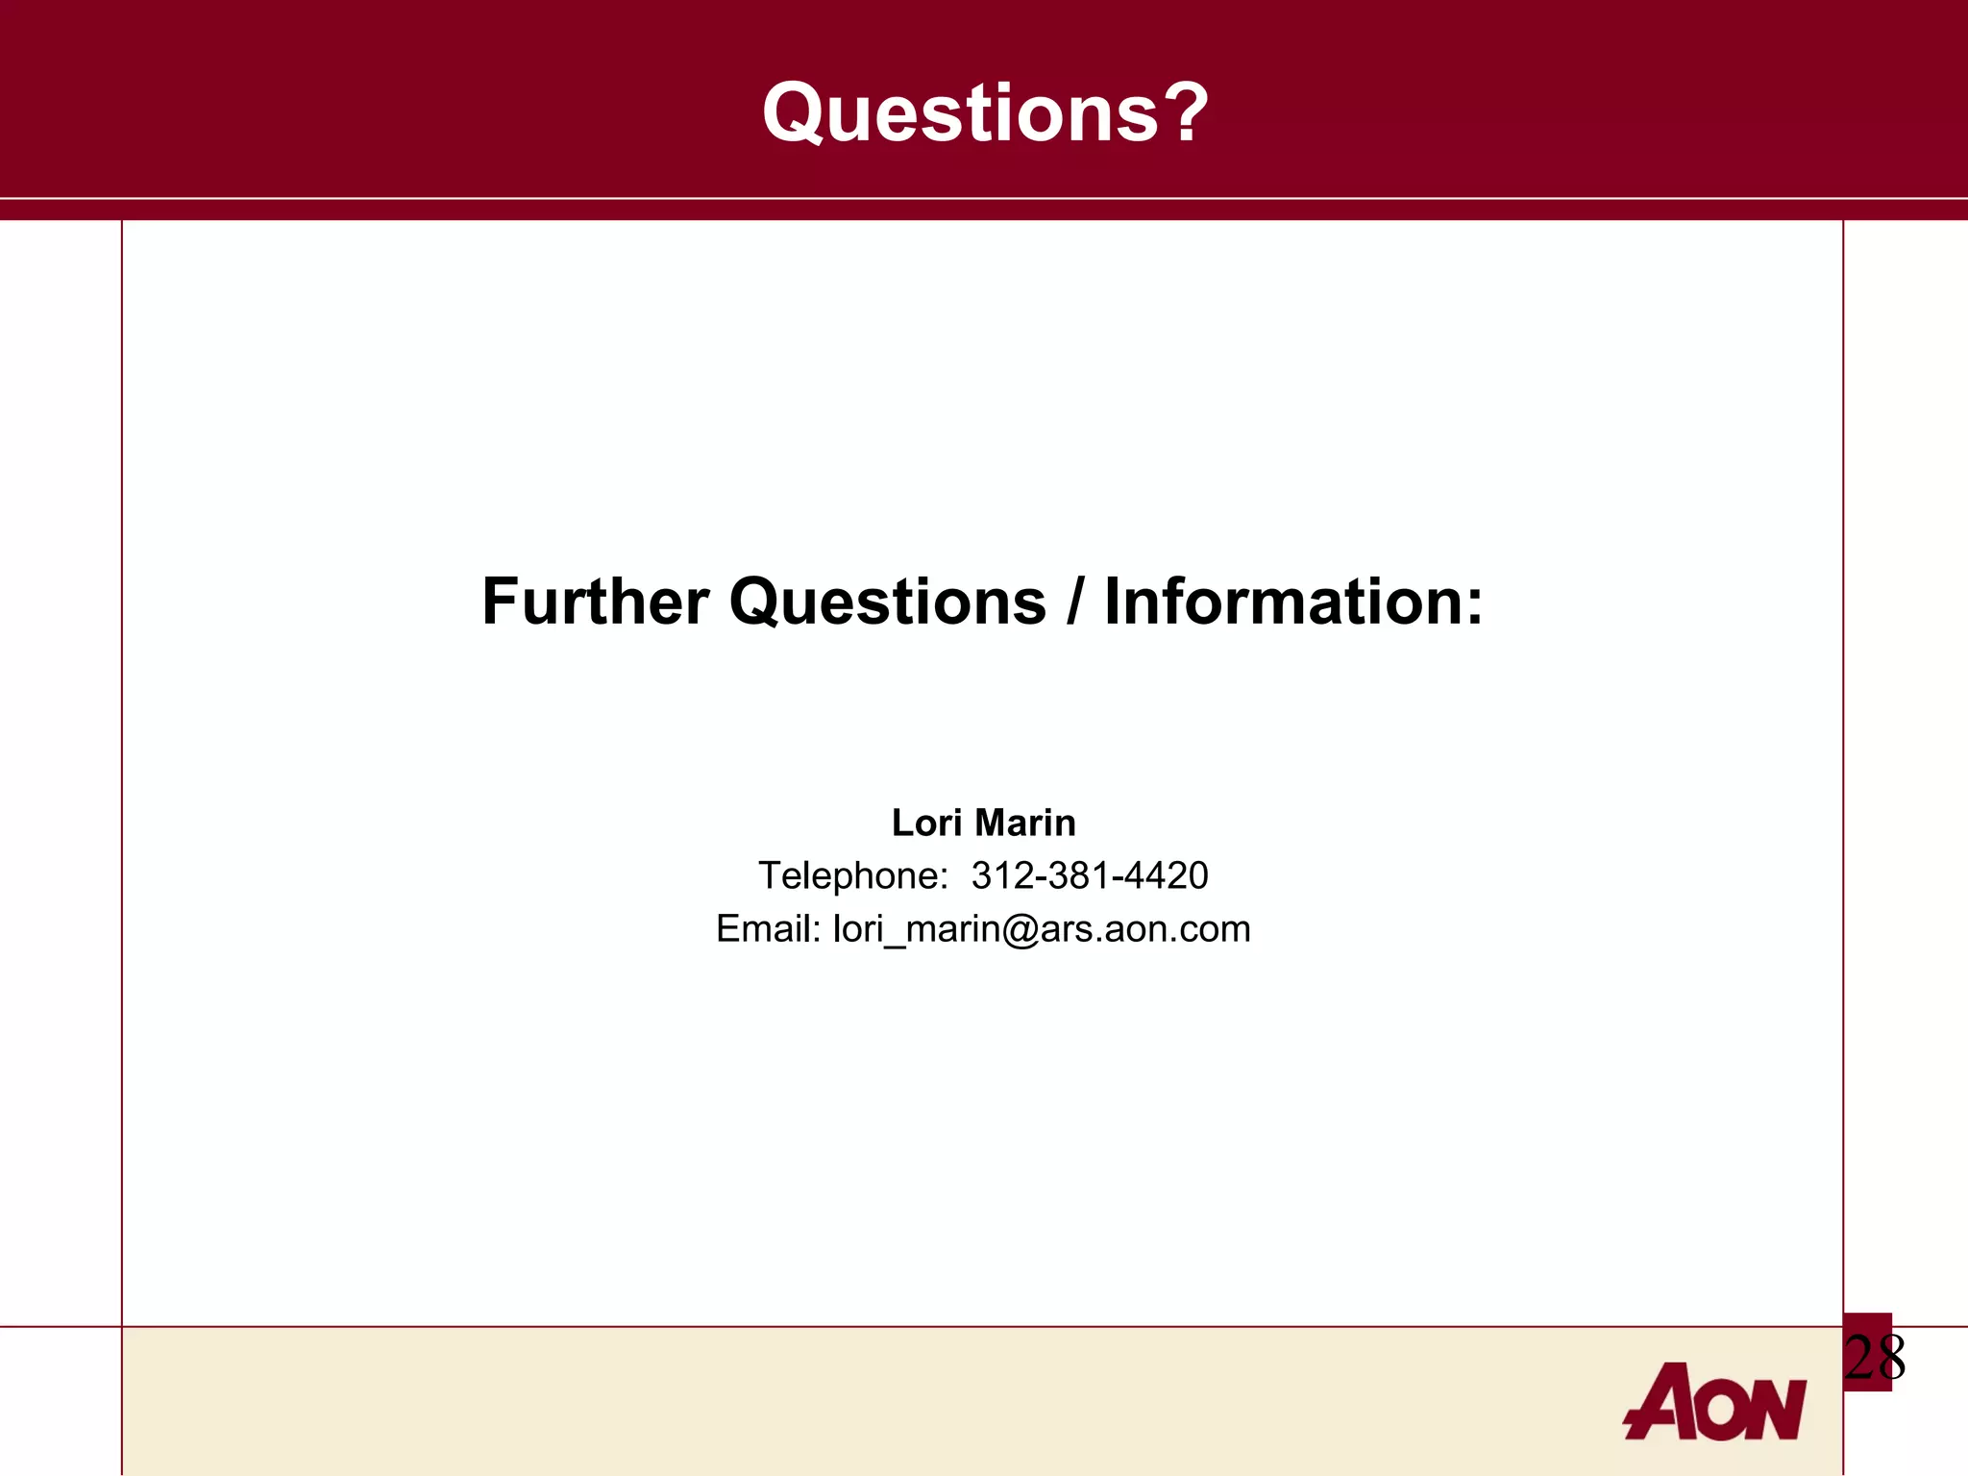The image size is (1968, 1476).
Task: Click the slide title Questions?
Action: (x=984, y=112)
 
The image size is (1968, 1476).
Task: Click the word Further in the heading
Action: (x=595, y=603)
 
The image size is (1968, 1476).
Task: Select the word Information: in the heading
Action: (x=1293, y=603)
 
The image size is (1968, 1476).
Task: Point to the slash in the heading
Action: (x=1074, y=603)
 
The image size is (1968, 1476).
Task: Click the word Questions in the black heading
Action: (x=887, y=603)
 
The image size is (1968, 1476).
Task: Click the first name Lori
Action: (x=925, y=823)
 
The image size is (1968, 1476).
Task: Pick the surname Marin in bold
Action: (x=1024, y=823)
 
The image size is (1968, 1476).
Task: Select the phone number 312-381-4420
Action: (x=1089, y=875)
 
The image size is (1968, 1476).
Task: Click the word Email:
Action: (x=768, y=929)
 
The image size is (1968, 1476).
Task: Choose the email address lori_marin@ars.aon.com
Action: (x=1042, y=929)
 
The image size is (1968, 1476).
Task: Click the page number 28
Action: (x=1874, y=1358)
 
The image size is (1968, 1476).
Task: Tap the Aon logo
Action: (x=1715, y=1403)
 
